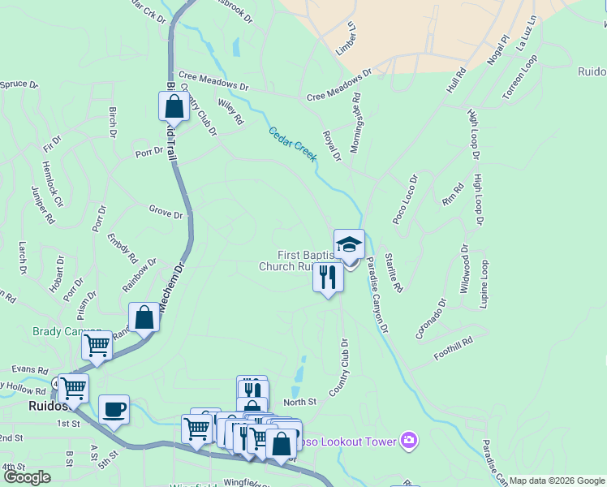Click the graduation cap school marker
[349, 244]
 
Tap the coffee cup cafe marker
[114, 408]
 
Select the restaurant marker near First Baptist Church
[328, 278]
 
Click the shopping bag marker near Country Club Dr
[174, 106]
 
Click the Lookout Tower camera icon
[409, 441]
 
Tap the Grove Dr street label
[166, 213]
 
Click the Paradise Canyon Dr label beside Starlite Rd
[377, 295]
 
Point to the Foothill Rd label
[453, 349]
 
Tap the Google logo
[28, 477]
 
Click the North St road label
[299, 402]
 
